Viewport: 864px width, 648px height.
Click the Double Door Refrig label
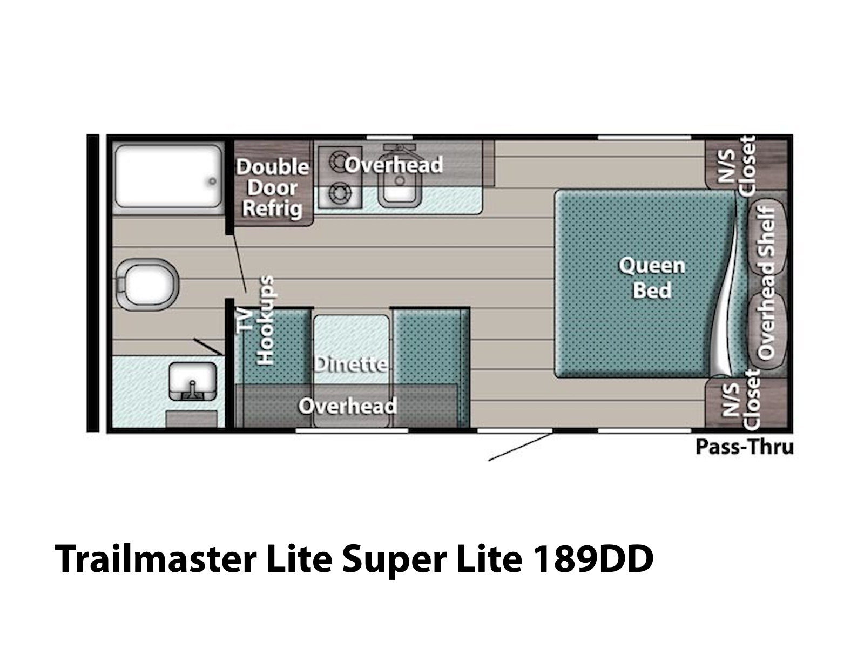pyautogui.click(x=273, y=187)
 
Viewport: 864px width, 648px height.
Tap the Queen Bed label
pyautogui.click(x=652, y=278)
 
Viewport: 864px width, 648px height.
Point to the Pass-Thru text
pyautogui.click(x=744, y=447)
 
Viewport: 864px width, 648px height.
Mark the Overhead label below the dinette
pyautogui.click(x=347, y=406)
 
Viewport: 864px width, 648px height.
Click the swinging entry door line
pyautogui.click(x=519, y=446)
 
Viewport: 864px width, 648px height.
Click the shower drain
pyautogui.click(x=213, y=181)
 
